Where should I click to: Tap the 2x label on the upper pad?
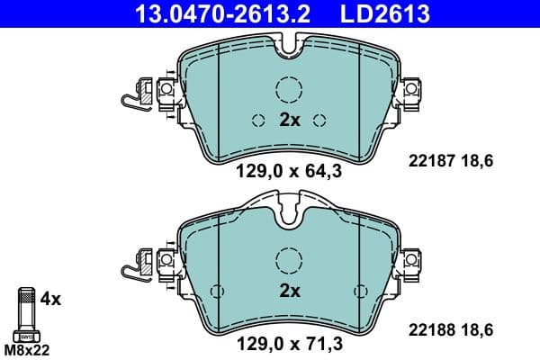(x=289, y=120)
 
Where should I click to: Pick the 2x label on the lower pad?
(x=289, y=290)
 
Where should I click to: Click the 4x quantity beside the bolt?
(x=50, y=298)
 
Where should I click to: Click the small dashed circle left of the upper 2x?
(x=257, y=121)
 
